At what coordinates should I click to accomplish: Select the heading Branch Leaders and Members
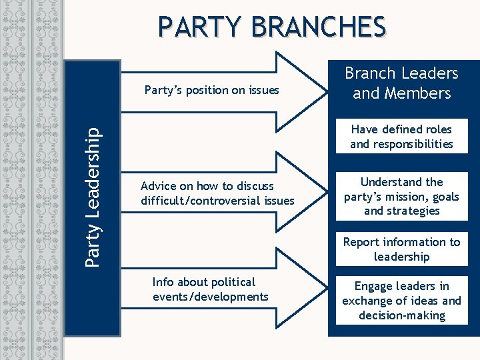coord(401,83)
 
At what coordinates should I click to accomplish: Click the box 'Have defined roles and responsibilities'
coord(401,137)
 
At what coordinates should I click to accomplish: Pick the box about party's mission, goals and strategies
coord(401,197)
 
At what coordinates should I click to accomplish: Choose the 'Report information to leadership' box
coord(401,249)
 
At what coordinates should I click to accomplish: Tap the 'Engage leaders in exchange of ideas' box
coord(401,301)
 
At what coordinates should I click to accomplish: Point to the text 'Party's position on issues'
coord(212,90)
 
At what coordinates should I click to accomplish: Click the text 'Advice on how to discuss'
coord(207,186)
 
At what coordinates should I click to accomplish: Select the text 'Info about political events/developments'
coord(211,289)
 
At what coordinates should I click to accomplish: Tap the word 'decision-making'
coord(401,315)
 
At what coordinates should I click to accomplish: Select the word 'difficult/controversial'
coord(193,201)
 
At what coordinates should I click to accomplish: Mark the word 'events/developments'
coord(211,297)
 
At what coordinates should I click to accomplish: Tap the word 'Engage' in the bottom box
coord(375,286)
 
